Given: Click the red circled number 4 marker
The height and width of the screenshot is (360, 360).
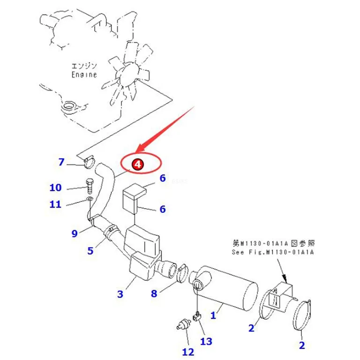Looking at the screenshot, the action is (x=137, y=165).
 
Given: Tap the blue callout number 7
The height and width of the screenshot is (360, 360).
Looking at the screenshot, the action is (x=61, y=162).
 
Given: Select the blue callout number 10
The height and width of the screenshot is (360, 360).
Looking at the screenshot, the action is (x=56, y=187).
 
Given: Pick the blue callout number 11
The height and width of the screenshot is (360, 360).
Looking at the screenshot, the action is (x=56, y=204).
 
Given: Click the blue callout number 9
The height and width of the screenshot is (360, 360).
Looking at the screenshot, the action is (x=75, y=233).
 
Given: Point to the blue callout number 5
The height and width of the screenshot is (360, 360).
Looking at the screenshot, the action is (x=90, y=251).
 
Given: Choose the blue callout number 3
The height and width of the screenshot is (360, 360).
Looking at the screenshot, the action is (x=120, y=294).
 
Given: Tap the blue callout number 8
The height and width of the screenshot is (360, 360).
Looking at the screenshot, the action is (x=154, y=293).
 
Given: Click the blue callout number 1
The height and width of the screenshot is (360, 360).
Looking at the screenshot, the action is (x=213, y=315).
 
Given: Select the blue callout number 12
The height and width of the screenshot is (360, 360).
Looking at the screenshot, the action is (x=188, y=352).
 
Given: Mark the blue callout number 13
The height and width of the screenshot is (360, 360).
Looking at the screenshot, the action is (x=206, y=341).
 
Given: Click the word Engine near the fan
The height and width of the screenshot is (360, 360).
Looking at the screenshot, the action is (x=84, y=75).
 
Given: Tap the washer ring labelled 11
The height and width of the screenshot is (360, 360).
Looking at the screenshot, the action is (x=90, y=198).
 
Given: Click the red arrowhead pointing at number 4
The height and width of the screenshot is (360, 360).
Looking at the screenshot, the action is (x=140, y=148).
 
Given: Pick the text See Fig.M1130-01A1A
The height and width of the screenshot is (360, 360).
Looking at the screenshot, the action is (x=272, y=252).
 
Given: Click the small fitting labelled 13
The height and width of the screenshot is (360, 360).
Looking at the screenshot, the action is (x=197, y=316).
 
